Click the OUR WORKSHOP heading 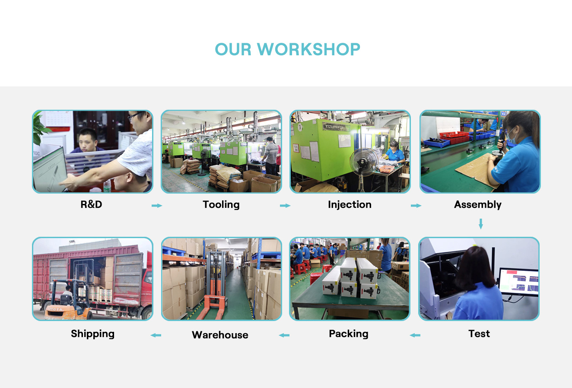287,49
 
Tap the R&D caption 91,204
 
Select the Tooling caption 221,205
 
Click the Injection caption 350,205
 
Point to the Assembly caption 477,205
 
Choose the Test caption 479,334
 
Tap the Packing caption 349,334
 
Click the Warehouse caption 220,335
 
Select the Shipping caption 93,334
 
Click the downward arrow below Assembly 481,224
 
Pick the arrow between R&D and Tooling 157,206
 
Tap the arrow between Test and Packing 415,335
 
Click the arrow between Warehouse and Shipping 156,335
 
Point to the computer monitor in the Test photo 518,282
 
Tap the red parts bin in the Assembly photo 454,137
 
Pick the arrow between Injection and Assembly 416,206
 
